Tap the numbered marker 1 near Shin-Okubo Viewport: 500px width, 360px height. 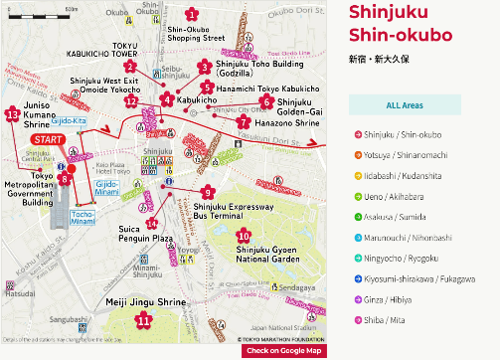[x=191, y=14]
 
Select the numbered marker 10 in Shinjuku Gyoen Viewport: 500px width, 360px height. [x=243, y=235]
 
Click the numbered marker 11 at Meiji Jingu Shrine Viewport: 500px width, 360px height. [x=144, y=320]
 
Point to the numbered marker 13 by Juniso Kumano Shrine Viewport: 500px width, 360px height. [x=12, y=114]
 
